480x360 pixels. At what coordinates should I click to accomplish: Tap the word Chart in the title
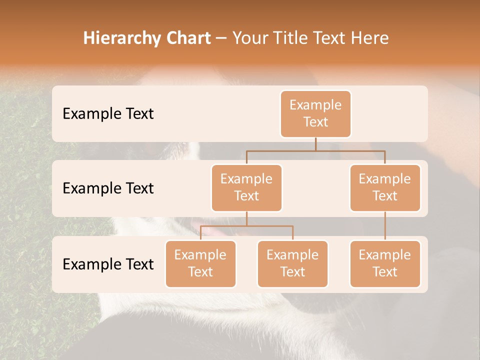coord(186,38)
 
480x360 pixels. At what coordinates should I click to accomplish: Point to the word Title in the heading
coord(293,38)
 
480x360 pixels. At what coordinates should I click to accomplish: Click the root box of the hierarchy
coord(315,114)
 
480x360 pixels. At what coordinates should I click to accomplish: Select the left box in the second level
coord(246,188)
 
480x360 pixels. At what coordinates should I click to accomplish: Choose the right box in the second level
coord(385,188)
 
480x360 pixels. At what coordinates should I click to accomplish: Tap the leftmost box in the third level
coord(200,264)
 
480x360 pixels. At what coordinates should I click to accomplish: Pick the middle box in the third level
coord(292,264)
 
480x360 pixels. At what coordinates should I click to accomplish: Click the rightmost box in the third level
coord(385,264)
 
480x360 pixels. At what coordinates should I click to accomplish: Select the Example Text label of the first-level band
coord(108,114)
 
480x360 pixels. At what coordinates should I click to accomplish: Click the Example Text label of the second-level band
coord(108,188)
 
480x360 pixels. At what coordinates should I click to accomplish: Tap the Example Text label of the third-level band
coord(108,264)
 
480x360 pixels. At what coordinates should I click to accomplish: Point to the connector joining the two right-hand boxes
coord(385,226)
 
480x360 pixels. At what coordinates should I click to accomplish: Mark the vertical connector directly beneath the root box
coord(315,144)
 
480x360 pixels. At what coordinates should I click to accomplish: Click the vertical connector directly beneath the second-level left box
coord(246,218)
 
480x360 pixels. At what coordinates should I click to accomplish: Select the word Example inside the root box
coord(315,105)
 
